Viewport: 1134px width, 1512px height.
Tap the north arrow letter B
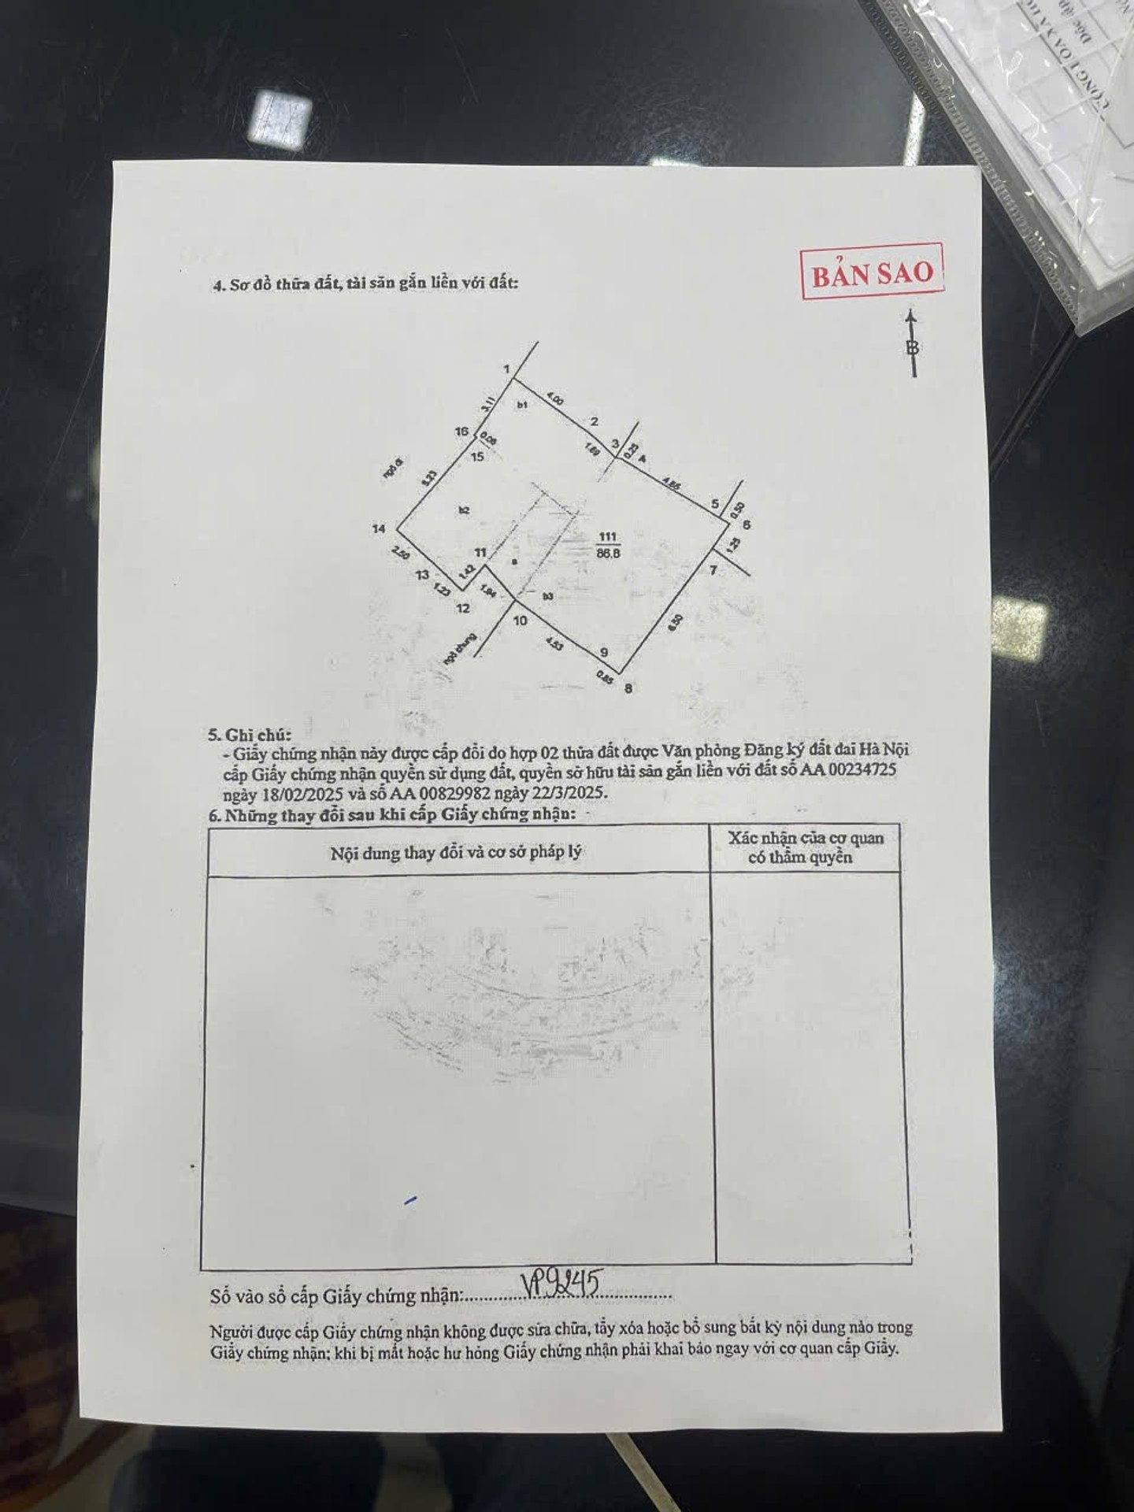click(x=913, y=347)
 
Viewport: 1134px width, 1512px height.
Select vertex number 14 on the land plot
click(x=380, y=528)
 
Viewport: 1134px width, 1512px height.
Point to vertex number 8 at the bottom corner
click(x=628, y=687)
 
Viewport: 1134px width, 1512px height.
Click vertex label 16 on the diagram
click(x=462, y=432)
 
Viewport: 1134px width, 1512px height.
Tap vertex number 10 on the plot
click(x=520, y=621)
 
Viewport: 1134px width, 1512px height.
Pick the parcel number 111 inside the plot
click(x=607, y=538)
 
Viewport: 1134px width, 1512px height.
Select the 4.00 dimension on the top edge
click(x=554, y=400)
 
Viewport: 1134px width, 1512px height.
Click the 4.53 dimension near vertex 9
click(x=555, y=643)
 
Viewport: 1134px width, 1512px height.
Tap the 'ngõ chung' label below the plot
click(x=450, y=650)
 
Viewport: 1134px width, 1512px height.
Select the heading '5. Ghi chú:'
click(x=250, y=735)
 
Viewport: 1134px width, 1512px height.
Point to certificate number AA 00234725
click(x=848, y=771)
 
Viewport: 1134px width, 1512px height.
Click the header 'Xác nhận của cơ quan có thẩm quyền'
click(x=806, y=847)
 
